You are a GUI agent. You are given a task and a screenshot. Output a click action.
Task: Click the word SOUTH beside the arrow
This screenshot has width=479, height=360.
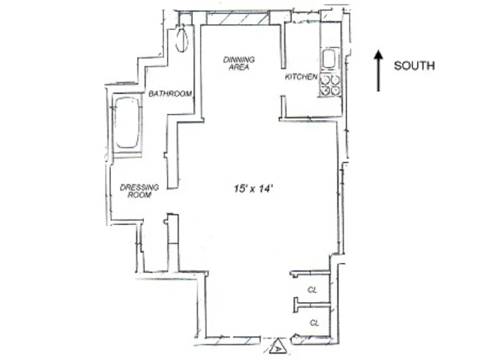(x=414, y=66)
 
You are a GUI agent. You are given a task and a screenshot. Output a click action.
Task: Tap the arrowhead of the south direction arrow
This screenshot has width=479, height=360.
(x=378, y=55)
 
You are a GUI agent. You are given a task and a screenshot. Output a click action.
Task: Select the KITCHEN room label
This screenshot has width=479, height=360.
(x=301, y=77)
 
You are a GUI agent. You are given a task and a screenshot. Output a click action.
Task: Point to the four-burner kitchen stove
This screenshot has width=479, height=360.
(x=331, y=85)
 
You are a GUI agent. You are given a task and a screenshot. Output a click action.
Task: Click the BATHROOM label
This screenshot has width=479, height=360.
(x=171, y=93)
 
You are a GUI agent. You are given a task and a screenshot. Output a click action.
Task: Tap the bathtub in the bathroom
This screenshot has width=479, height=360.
(x=127, y=123)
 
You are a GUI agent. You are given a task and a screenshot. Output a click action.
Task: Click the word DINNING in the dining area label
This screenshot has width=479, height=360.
(x=239, y=60)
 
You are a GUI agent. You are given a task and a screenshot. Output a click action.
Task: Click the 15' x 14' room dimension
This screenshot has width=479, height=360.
(x=253, y=189)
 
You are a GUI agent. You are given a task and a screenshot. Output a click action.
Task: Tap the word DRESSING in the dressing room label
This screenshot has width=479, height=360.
(x=139, y=187)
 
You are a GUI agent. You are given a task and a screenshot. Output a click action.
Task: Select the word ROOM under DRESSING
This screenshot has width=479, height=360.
(x=139, y=195)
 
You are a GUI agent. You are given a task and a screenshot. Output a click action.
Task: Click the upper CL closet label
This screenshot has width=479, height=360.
(x=312, y=290)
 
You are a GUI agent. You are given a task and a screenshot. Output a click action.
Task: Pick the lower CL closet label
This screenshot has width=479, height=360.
(x=315, y=324)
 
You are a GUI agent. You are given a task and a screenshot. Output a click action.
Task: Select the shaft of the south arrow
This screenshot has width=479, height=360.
(x=378, y=77)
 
